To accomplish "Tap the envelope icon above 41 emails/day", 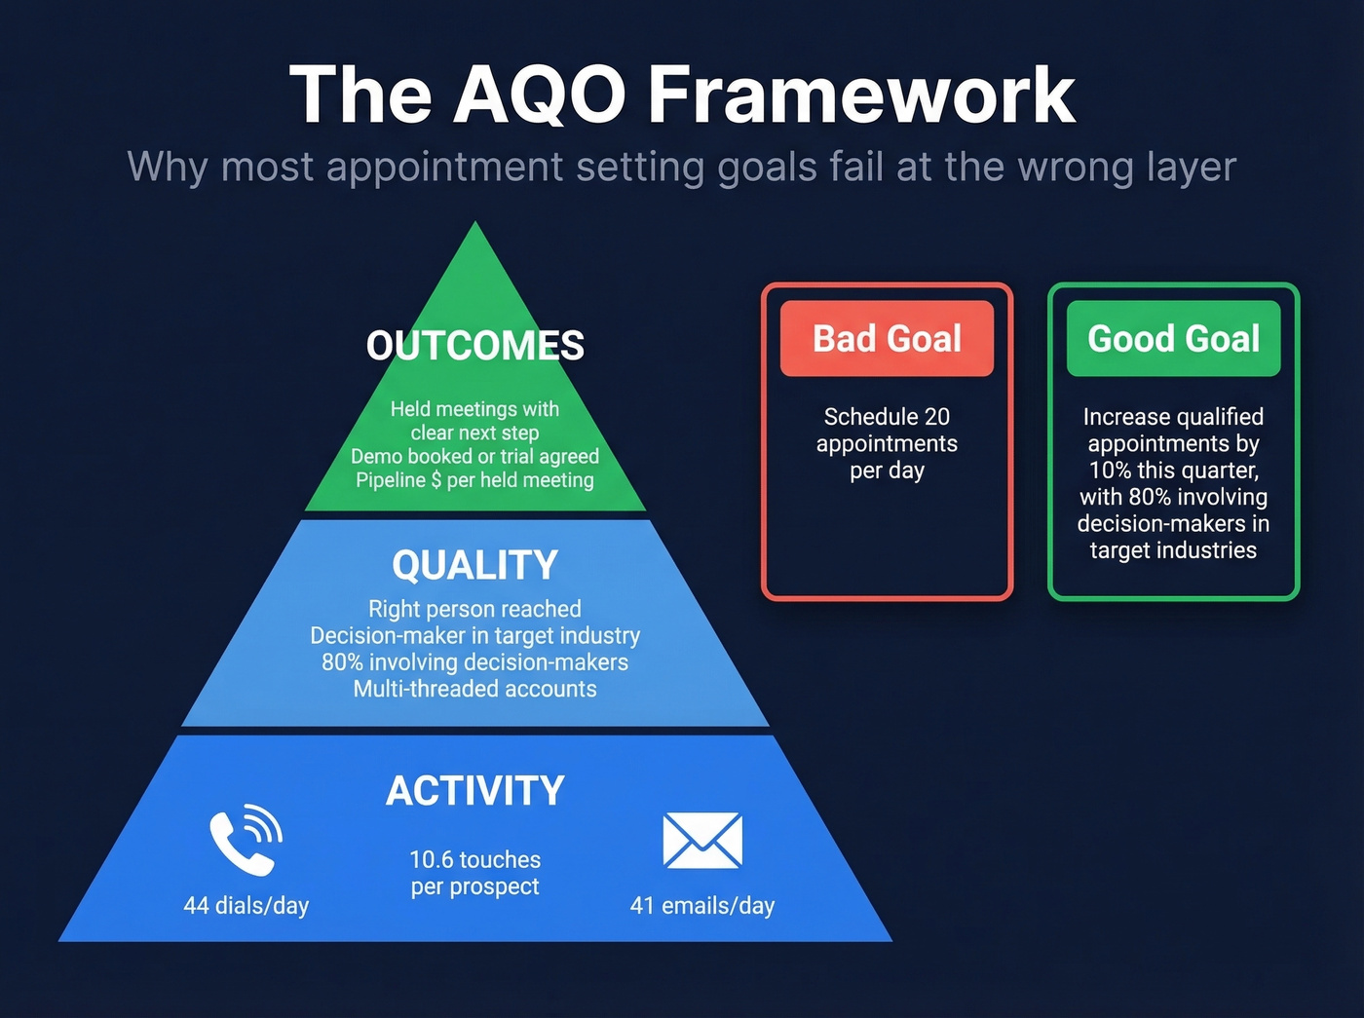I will (701, 841).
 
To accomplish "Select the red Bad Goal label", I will (887, 339).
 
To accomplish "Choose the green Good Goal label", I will (1173, 339).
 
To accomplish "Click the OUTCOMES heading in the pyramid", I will (475, 346).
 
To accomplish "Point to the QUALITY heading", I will (475, 565).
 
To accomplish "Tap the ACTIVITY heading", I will (475, 791).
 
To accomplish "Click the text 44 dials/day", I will (246, 905).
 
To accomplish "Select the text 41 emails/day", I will (702, 905).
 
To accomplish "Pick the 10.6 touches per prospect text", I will (475, 873).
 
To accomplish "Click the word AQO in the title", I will (539, 94).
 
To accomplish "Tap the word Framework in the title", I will (861, 94).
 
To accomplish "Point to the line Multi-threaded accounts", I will (475, 689).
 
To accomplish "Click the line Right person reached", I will (475, 609).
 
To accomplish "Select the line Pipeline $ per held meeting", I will (475, 480).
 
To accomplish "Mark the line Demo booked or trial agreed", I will (475, 456).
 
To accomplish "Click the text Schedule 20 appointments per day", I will (887, 443).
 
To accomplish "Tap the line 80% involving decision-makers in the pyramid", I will (475, 662).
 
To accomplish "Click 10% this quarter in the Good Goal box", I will (1173, 471).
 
